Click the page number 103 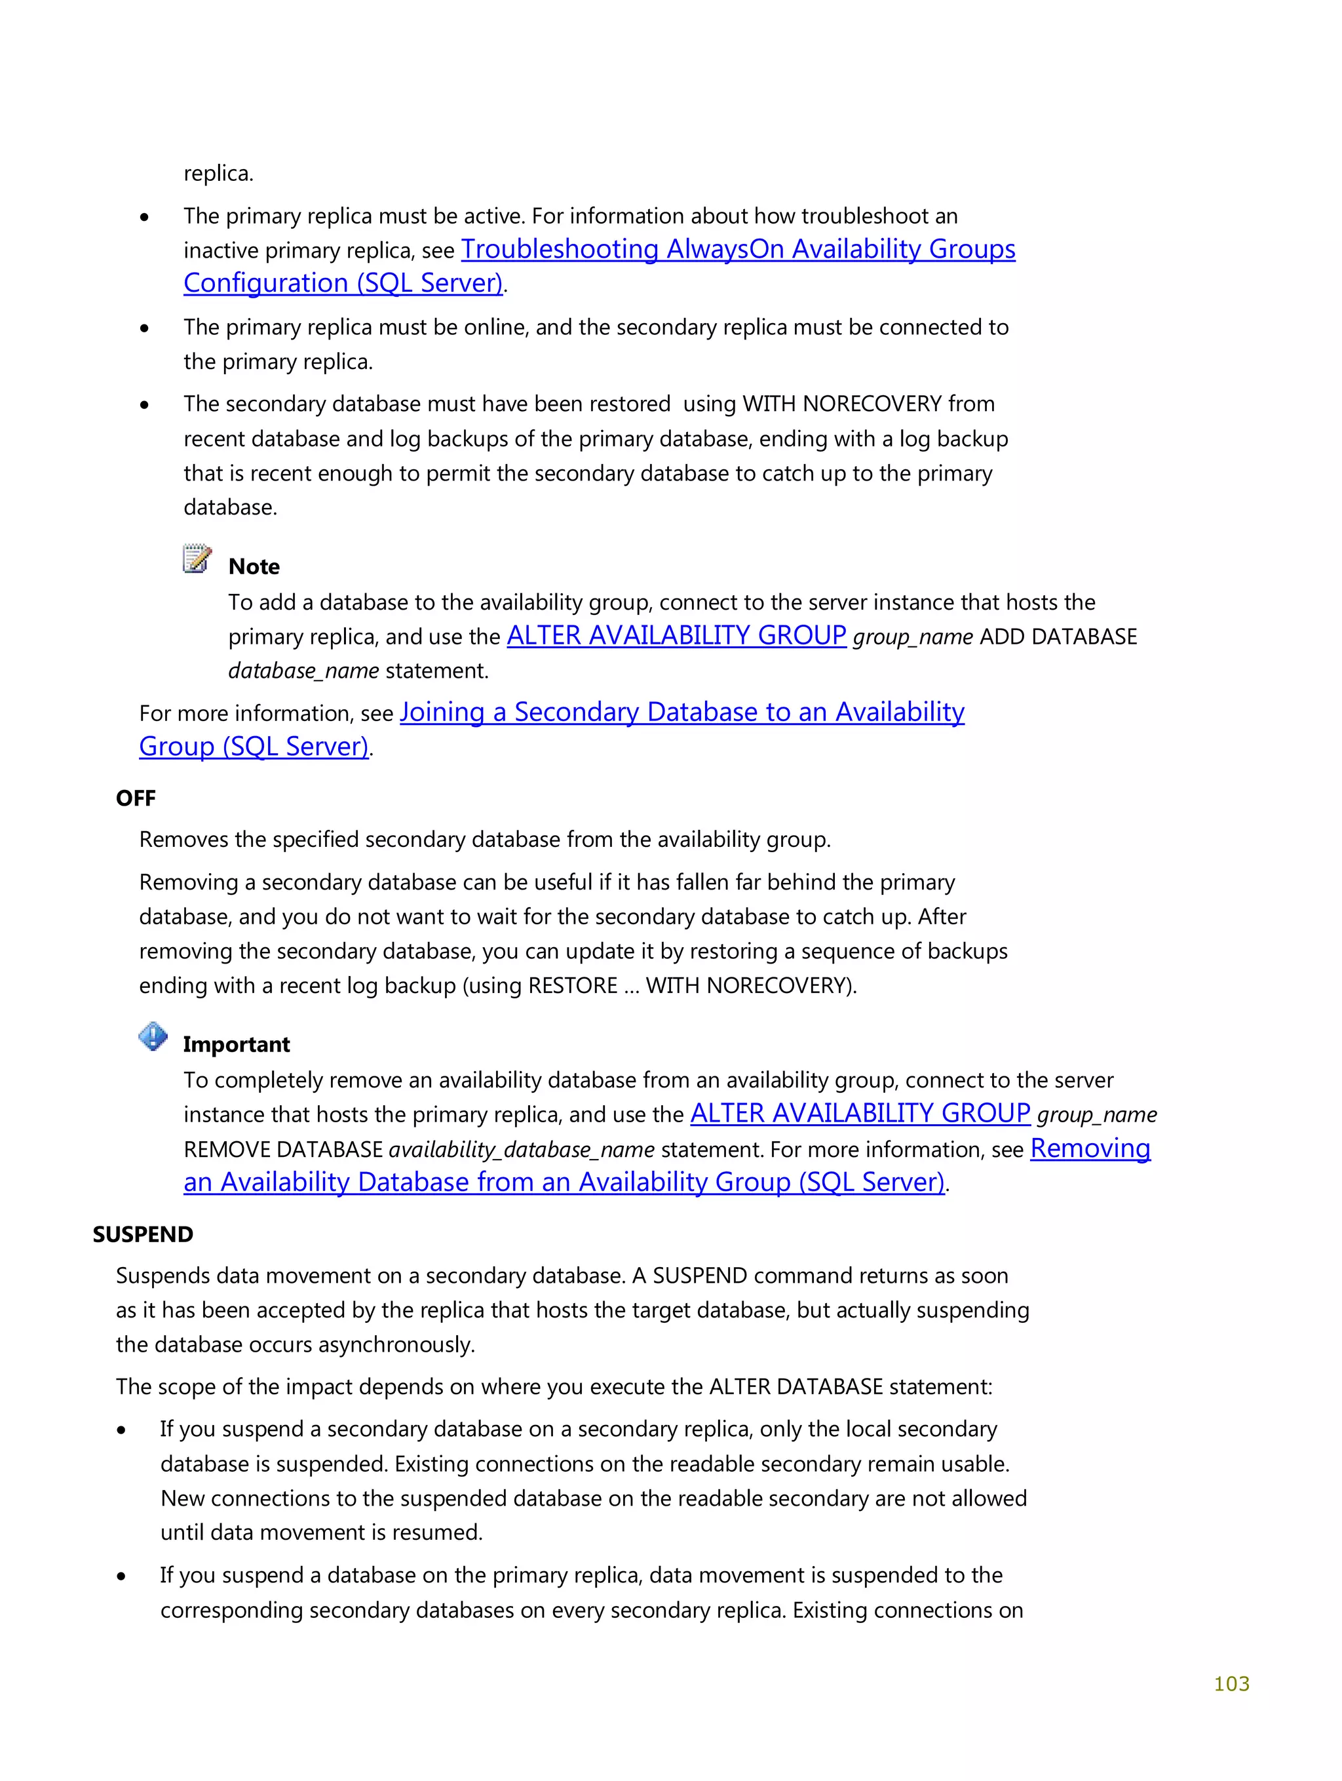pos(1230,1683)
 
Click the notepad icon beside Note pos(197,558)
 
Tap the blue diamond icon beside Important pos(153,1036)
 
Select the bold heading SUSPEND pos(142,1234)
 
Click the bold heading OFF pos(135,798)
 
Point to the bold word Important pos(236,1044)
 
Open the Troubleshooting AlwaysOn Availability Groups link pos(737,250)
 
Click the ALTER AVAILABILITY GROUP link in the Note pos(676,636)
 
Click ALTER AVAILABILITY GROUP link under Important pos(860,1114)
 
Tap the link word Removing pos(1089,1148)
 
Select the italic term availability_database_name pos(521,1150)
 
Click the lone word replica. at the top pos(218,173)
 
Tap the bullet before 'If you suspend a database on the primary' pos(121,1576)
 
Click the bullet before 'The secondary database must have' pos(144,405)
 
